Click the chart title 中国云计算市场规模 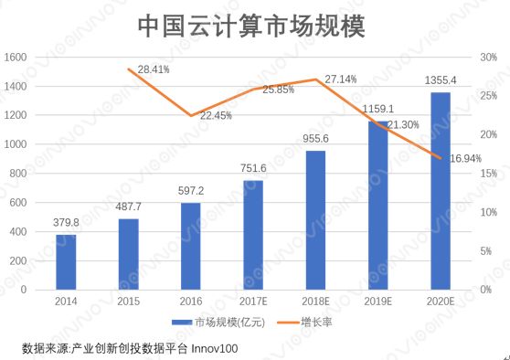click(x=250, y=26)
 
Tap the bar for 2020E click(x=441, y=191)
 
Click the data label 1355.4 click(x=440, y=81)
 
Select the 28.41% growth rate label click(x=153, y=69)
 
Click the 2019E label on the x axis click(x=377, y=301)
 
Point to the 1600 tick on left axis click(x=16, y=58)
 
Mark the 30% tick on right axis click(x=488, y=58)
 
